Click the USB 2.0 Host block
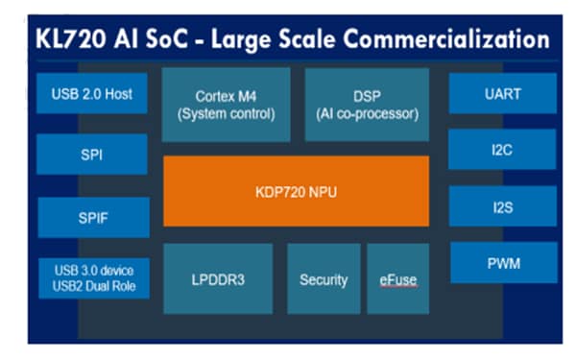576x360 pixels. coord(92,94)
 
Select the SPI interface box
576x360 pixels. coord(92,154)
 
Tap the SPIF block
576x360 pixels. coord(92,217)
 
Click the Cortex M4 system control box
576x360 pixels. coord(226,103)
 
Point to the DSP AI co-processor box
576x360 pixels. coord(367,103)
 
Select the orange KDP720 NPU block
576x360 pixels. coord(296,190)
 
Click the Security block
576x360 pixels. coord(324,278)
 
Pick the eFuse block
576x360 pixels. coord(397,278)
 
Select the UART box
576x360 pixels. coord(503,94)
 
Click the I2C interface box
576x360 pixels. coord(503,149)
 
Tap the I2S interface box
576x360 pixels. coord(503,205)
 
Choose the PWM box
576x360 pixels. coord(503,262)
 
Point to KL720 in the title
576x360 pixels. coord(71,39)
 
